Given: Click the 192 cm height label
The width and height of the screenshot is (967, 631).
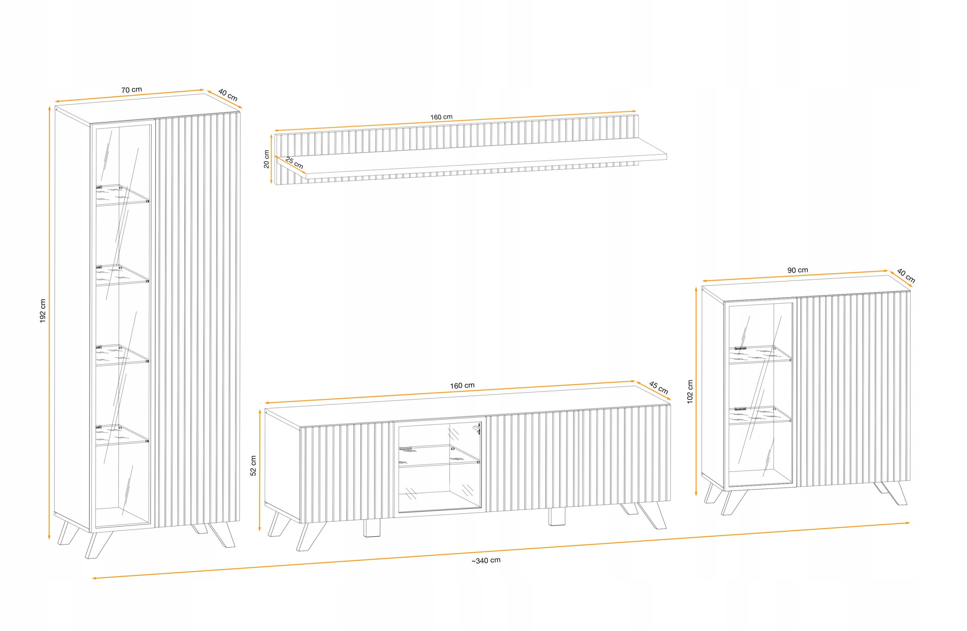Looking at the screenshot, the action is coord(43,311).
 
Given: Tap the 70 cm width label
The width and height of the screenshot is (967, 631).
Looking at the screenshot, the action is coord(131,90).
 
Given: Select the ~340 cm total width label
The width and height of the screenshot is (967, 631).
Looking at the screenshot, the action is coord(485,560).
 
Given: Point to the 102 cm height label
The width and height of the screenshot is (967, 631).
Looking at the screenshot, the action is coord(690,392).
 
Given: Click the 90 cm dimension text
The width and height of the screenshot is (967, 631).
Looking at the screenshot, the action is coord(797,270).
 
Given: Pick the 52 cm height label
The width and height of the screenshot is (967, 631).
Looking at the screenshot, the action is coord(253,465).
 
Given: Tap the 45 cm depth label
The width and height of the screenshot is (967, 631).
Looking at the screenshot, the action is coord(658,387).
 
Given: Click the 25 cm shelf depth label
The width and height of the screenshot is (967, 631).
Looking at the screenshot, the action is coord(294,163).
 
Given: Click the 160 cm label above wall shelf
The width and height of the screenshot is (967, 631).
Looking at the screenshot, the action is coord(441,117).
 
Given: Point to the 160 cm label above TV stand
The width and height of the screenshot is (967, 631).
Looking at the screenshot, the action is coord(462,385).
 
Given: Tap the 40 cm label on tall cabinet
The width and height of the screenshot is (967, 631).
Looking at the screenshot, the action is coord(227,95).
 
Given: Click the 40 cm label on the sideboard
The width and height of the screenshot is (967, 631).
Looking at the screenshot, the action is coord(906,276).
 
